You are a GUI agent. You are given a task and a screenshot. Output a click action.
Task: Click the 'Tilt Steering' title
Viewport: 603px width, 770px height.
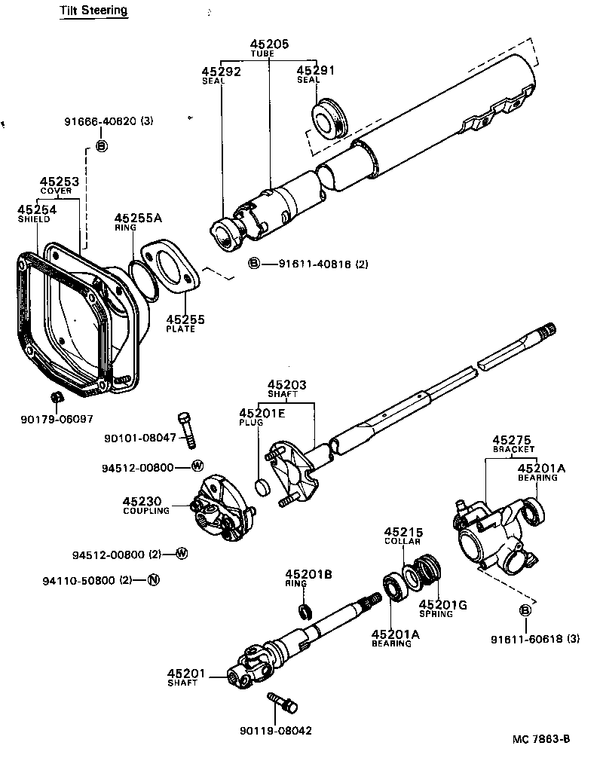[93, 11]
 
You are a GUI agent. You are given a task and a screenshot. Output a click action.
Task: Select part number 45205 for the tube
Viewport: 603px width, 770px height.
[269, 45]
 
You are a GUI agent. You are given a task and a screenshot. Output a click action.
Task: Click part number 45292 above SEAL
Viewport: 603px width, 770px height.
[220, 72]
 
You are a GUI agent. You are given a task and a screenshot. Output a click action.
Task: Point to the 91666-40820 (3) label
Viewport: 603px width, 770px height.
[109, 121]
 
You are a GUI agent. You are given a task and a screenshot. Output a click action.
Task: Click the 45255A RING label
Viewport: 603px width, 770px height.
[138, 219]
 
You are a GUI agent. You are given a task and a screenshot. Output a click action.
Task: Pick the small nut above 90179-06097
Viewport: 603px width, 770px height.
[55, 397]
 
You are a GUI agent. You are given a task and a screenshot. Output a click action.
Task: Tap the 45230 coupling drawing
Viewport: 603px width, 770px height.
[222, 509]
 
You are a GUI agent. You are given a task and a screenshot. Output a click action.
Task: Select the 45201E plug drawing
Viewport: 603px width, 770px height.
[262, 487]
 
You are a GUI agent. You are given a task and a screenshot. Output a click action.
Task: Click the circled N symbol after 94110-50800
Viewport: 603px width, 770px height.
[153, 579]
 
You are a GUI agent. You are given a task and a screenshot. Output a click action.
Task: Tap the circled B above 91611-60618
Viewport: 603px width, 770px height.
[525, 610]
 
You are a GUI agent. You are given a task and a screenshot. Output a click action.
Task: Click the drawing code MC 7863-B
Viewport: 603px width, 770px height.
[540, 739]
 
